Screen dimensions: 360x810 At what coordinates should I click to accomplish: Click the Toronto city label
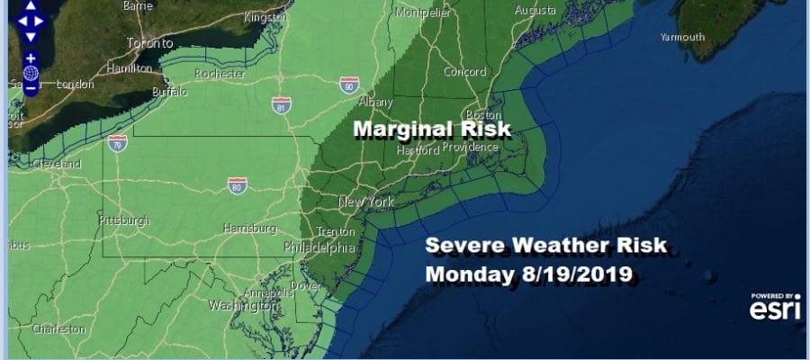(x=149, y=42)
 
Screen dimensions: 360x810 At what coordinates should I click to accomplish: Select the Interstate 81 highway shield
(x=282, y=105)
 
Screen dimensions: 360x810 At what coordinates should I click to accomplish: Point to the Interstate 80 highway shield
(x=235, y=185)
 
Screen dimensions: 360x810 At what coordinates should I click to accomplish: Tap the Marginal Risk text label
(x=431, y=130)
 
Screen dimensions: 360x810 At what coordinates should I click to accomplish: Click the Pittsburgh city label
(x=123, y=220)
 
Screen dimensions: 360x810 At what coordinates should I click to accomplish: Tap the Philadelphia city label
(x=319, y=247)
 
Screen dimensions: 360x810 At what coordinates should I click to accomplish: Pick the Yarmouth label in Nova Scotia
(x=682, y=37)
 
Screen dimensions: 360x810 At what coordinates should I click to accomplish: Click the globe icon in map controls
(x=31, y=73)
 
